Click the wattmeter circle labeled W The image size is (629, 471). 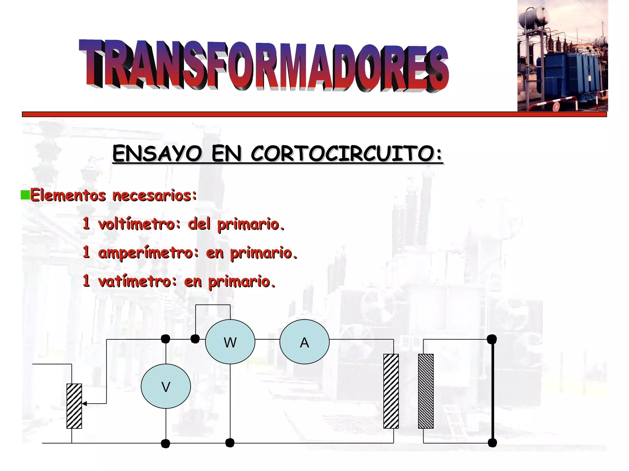230,342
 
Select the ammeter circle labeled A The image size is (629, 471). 304,342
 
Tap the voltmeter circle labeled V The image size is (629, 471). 166,386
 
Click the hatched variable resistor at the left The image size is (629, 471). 74,406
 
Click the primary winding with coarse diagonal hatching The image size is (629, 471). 391,391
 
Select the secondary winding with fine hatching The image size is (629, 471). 426,391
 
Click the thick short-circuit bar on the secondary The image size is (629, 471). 492,391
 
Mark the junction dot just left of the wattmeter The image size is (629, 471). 195,339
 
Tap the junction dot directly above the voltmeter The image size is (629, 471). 166,339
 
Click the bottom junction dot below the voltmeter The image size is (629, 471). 166,443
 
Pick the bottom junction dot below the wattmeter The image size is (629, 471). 230,443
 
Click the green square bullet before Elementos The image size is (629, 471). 25,195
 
